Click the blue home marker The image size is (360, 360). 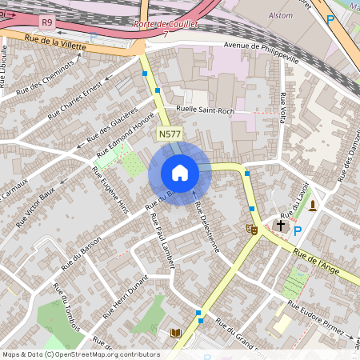[179, 172]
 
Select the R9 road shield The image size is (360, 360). [47, 23]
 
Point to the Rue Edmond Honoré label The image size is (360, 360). [125, 134]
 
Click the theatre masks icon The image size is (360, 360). [251, 229]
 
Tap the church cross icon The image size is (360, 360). [280, 226]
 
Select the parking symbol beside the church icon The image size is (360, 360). [298, 231]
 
